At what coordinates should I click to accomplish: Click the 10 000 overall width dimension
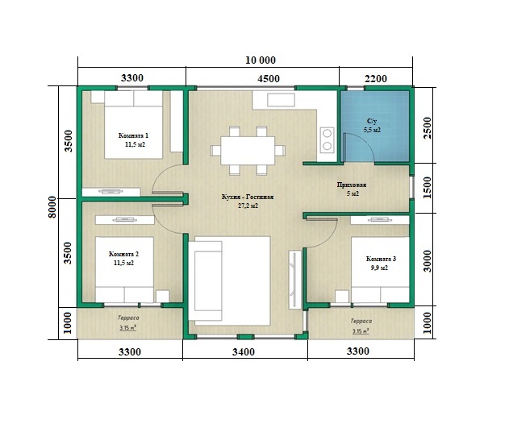(x=261, y=60)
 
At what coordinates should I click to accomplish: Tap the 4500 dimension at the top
(x=269, y=79)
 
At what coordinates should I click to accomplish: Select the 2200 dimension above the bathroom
(x=376, y=79)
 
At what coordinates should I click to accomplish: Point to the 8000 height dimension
(x=53, y=207)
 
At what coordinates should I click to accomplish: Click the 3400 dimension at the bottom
(x=244, y=351)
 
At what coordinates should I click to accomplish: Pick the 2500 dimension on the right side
(x=428, y=128)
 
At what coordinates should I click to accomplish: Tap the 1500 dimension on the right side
(x=428, y=188)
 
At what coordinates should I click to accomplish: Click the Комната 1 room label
(x=133, y=135)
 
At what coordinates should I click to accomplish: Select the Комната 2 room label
(x=123, y=254)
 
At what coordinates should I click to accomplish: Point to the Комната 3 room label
(x=381, y=259)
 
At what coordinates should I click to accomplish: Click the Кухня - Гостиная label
(x=248, y=197)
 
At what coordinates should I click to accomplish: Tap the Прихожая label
(x=352, y=185)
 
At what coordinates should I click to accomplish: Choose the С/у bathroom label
(x=372, y=121)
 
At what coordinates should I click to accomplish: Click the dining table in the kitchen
(x=248, y=151)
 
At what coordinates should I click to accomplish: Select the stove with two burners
(x=327, y=139)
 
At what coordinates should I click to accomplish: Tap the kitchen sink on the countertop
(x=281, y=100)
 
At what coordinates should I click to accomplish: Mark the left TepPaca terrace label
(x=128, y=318)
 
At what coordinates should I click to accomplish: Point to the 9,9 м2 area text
(x=379, y=268)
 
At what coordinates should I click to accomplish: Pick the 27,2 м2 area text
(x=248, y=206)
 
